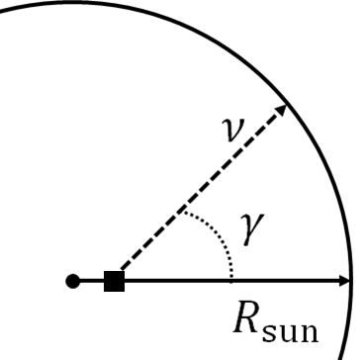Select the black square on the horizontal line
click(114, 282)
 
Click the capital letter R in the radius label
click(247, 317)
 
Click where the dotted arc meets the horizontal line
click(231, 281)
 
